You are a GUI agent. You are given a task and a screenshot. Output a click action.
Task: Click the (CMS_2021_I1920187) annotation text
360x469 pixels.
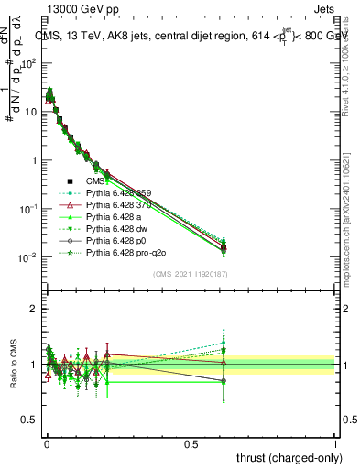pyautogui.click(x=191, y=274)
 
